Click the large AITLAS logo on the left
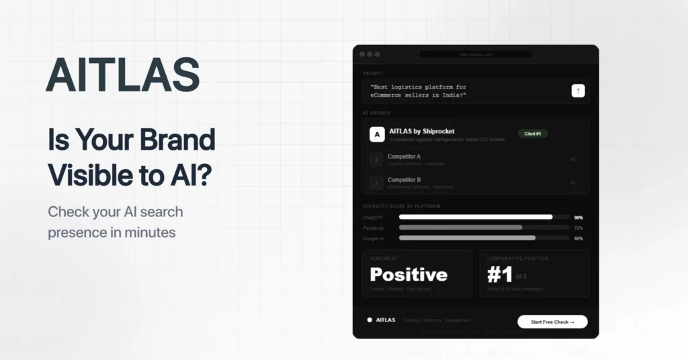click(123, 75)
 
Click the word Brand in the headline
click(178, 140)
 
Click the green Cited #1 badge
click(532, 134)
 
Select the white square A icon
click(377, 134)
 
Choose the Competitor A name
click(404, 156)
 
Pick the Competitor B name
click(404, 179)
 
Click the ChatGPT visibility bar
click(476, 217)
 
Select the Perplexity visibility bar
click(460, 228)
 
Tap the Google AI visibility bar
click(467, 238)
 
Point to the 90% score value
click(578, 218)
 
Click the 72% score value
click(578, 228)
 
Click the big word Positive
click(408, 275)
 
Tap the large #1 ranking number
click(499, 275)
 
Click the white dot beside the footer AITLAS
click(370, 320)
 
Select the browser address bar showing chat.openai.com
click(476, 54)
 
